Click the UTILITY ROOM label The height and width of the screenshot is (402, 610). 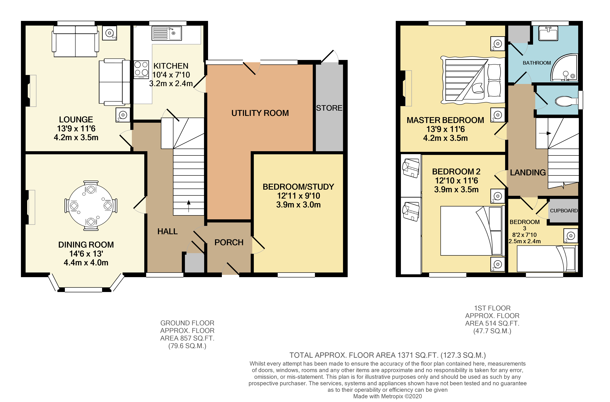click(260, 113)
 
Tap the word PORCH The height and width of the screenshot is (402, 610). click(229, 242)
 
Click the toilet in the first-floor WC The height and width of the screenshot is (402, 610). click(565, 101)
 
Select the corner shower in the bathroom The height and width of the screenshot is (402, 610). click(565, 68)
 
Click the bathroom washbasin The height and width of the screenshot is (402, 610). click(548, 33)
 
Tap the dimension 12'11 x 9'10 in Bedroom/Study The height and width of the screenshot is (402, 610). click(298, 196)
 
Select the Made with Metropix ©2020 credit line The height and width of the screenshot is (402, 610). click(387, 396)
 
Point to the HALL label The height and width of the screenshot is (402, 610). click(167, 231)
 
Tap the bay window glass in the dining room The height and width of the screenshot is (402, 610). click(83, 290)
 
